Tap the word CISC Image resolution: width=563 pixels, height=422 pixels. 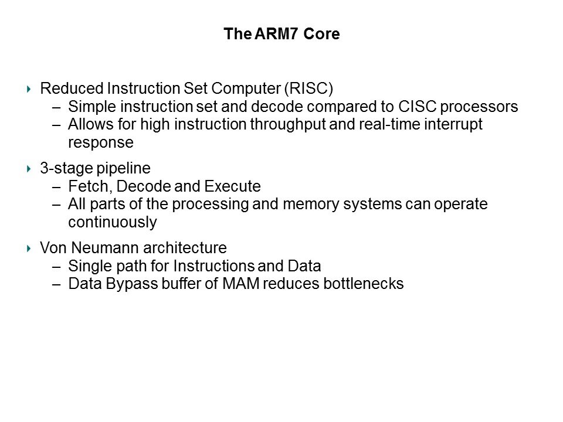click(417, 107)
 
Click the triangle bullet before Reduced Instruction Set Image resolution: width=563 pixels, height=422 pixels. click(29, 89)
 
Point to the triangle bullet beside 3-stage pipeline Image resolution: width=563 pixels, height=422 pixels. click(29, 169)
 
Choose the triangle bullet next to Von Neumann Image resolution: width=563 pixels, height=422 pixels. click(29, 249)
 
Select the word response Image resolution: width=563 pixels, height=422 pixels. click(101, 143)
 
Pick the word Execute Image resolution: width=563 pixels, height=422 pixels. click(232, 186)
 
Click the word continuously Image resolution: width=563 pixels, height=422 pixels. click(113, 223)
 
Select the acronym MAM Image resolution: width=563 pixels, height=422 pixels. click(241, 284)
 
